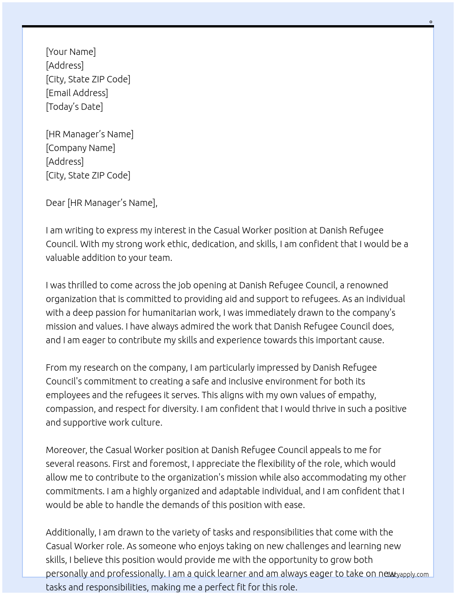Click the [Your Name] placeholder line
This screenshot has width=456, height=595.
point(71,52)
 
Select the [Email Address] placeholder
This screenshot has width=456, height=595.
point(77,93)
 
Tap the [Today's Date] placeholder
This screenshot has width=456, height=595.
point(74,107)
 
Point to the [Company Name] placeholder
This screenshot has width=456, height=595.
point(81,148)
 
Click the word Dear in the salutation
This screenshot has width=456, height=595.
point(55,203)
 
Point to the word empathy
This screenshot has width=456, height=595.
point(358,395)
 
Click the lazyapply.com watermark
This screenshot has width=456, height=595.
point(407,574)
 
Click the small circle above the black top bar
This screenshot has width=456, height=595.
point(430,22)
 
